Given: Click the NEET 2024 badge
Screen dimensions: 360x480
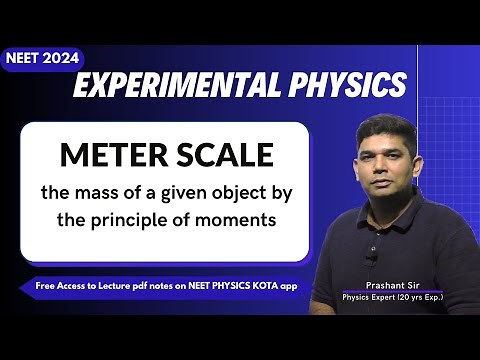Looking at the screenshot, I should click(x=42, y=59).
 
